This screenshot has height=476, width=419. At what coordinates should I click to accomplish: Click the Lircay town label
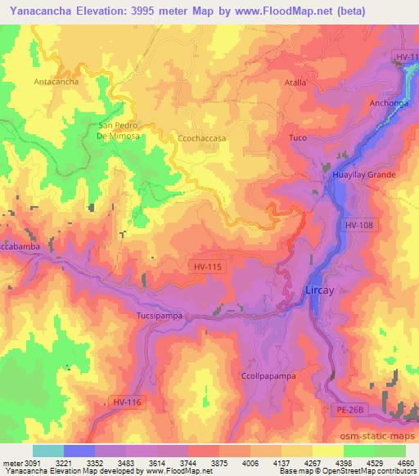(x=318, y=290)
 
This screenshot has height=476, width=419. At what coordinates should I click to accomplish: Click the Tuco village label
(x=298, y=137)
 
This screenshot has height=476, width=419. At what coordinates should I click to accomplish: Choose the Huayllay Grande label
(x=364, y=175)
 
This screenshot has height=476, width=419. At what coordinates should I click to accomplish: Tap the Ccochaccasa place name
(x=201, y=139)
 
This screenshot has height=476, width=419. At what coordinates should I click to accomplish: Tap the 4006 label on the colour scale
(x=238, y=463)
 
